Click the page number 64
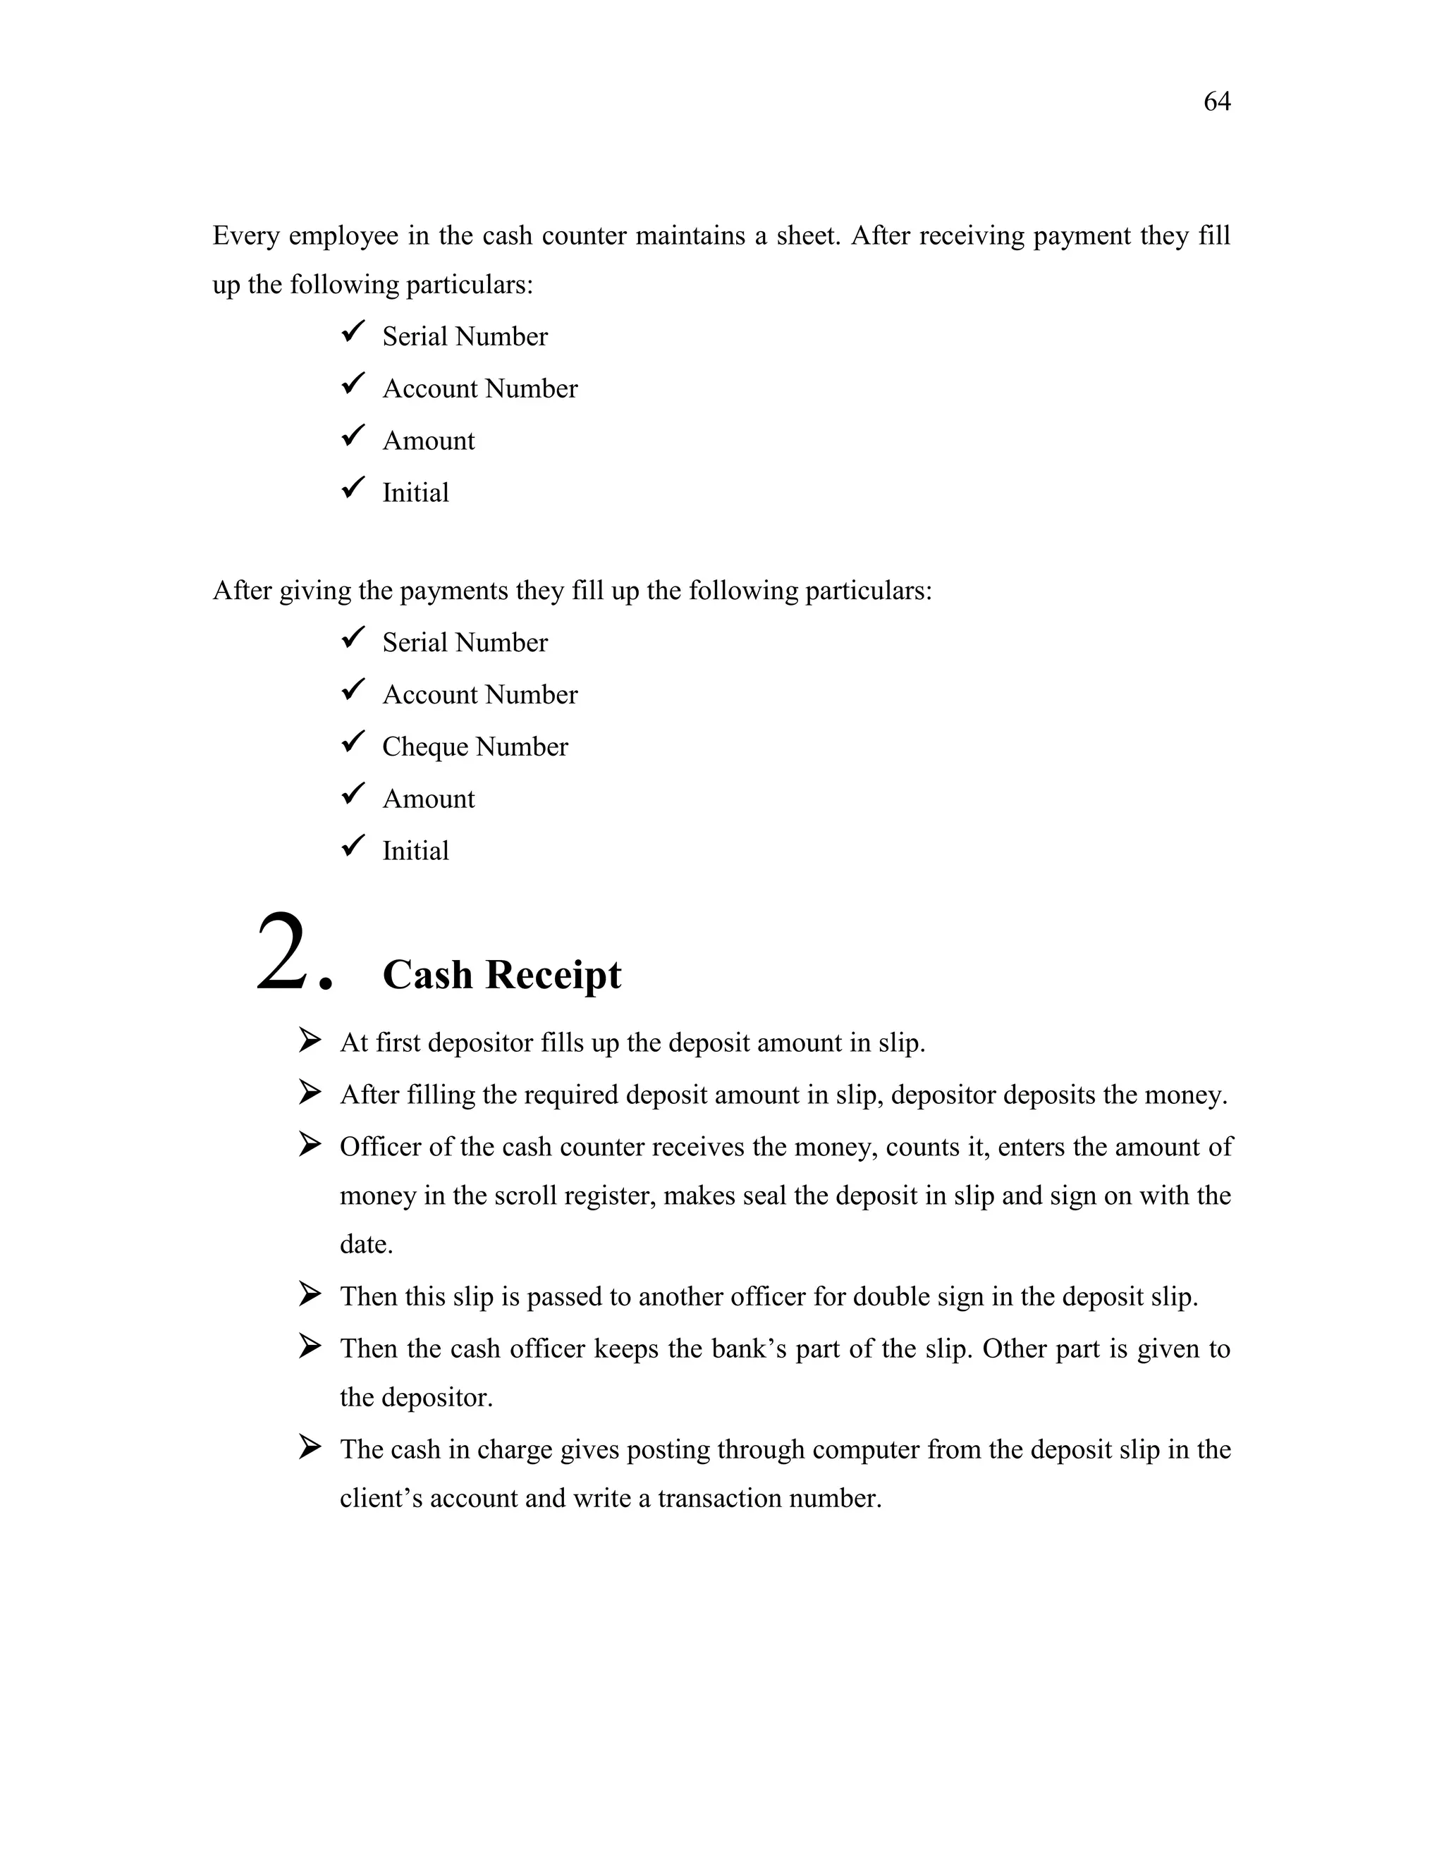click(1216, 102)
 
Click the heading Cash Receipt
click(501, 974)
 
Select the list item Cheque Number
click(475, 746)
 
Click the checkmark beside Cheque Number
click(353, 742)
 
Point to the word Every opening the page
click(245, 236)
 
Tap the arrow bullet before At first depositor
click(309, 1041)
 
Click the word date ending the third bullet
click(365, 1244)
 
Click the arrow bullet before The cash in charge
click(309, 1447)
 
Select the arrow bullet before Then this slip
click(309, 1294)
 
